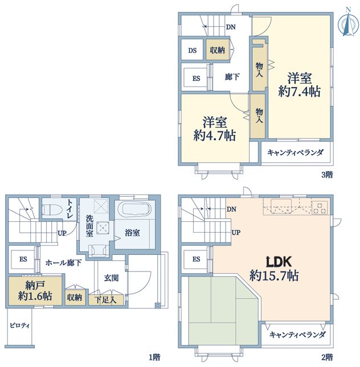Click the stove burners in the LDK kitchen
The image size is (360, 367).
click(x=320, y=207)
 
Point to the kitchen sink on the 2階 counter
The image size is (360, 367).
click(x=281, y=206)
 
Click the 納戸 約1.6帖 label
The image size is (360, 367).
click(x=35, y=291)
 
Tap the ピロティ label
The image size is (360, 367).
click(x=19, y=325)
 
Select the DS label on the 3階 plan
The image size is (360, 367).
click(x=192, y=50)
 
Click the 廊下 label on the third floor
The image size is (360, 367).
click(x=232, y=77)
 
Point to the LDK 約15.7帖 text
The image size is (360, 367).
click(x=274, y=269)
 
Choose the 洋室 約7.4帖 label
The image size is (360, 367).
click(x=299, y=85)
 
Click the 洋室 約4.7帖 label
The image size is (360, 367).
click(x=214, y=129)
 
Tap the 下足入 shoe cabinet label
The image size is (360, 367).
click(x=105, y=300)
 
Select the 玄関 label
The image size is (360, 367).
click(x=111, y=278)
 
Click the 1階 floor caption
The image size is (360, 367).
click(x=155, y=357)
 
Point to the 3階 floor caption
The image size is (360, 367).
click(x=327, y=175)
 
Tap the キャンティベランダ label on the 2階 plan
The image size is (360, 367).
click(x=297, y=335)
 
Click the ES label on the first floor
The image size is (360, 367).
click(x=23, y=259)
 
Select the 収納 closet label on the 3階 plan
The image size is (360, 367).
click(x=217, y=50)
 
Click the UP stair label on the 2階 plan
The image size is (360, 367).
click(x=236, y=232)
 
